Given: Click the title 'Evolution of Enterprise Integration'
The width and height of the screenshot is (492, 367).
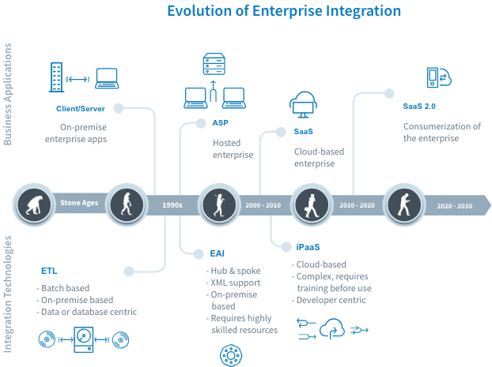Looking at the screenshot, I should click(x=283, y=11).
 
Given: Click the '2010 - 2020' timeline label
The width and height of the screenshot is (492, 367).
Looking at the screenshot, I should click(x=358, y=204).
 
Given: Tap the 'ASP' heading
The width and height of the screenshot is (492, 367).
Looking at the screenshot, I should click(x=219, y=124).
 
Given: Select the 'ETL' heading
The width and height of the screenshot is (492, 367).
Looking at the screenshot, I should click(x=49, y=271).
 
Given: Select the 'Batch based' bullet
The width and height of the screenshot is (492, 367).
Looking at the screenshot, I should click(x=66, y=287).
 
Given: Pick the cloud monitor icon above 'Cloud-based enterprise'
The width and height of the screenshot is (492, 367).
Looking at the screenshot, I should click(x=304, y=105).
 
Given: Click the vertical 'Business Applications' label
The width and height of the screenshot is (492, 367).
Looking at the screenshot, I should click(x=9, y=95).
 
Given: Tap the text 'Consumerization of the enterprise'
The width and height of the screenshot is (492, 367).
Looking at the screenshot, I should click(x=441, y=132).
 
